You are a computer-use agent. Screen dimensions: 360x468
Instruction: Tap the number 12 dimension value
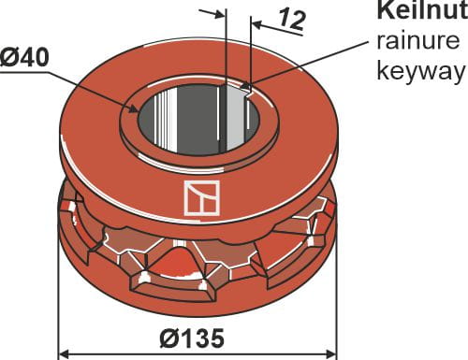(292, 20)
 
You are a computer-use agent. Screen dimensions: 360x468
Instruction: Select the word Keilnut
(419, 12)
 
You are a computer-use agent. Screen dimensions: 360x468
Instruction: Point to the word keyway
(418, 72)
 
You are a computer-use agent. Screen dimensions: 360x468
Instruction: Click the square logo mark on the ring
(200, 198)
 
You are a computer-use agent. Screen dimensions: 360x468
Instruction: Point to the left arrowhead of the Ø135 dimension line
(66, 353)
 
